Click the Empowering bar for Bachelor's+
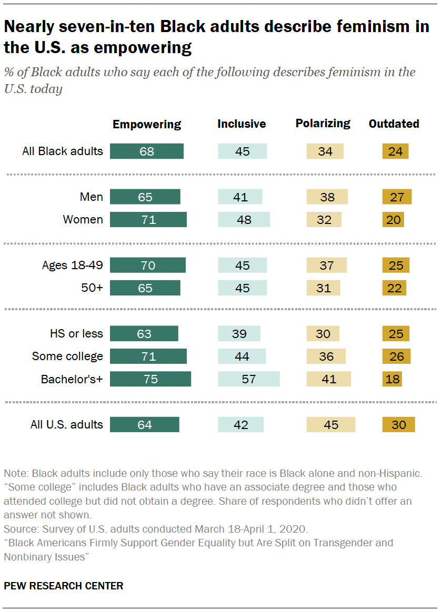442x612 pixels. point(150,379)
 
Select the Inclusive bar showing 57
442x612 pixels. point(248,379)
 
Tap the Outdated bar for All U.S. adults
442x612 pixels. point(398,424)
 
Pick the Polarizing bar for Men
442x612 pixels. point(326,197)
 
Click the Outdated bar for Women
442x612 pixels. point(393,220)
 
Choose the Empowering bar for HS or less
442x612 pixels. point(144,334)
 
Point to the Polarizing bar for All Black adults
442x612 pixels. point(325,151)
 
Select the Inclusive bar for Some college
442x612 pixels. point(242,356)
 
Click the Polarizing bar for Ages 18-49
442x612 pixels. point(326,266)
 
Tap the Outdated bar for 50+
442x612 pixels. point(394,288)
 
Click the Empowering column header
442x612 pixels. point(147,125)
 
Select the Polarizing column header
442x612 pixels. point(323,124)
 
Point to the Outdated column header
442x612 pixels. point(394,124)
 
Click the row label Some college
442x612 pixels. point(67,356)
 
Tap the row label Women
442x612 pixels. point(83,220)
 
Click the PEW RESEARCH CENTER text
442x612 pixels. point(64,586)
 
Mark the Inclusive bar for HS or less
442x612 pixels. point(239,334)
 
